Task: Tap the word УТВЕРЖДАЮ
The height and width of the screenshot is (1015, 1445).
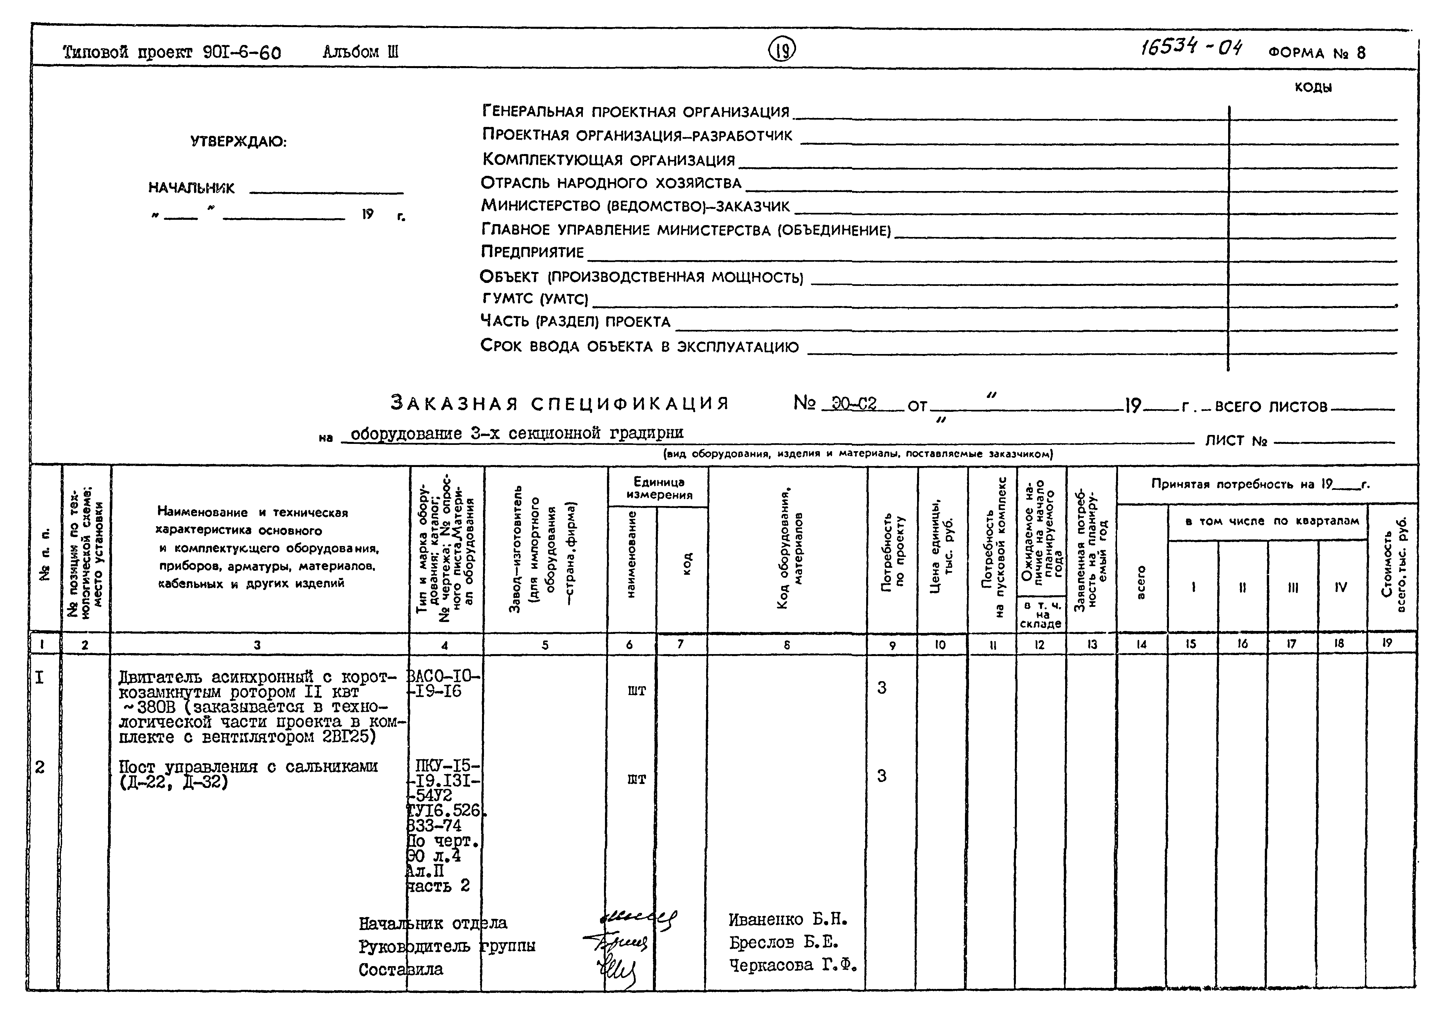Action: pyautogui.click(x=239, y=142)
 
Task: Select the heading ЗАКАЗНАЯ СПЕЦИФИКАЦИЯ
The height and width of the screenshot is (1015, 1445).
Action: pyautogui.click(x=559, y=403)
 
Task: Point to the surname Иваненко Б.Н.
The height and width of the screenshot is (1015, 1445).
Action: pyautogui.click(x=788, y=920)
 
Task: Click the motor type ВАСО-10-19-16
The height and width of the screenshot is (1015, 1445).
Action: pyautogui.click(x=443, y=684)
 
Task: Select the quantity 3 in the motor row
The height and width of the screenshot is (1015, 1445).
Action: pyautogui.click(x=882, y=688)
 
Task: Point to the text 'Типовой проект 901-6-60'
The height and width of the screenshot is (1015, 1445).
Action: pyautogui.click(x=172, y=52)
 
